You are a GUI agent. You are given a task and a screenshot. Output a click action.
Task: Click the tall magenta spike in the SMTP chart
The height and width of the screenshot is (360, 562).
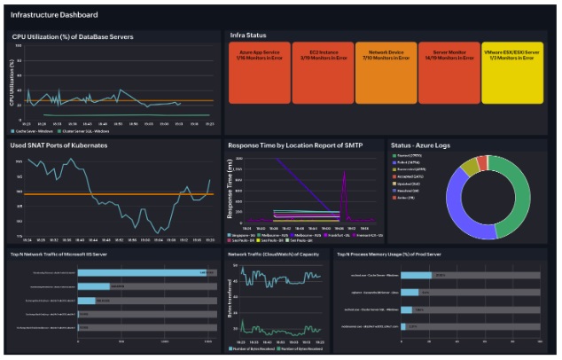(344, 191)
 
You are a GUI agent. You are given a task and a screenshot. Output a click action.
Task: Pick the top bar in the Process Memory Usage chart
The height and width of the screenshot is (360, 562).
(416, 275)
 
